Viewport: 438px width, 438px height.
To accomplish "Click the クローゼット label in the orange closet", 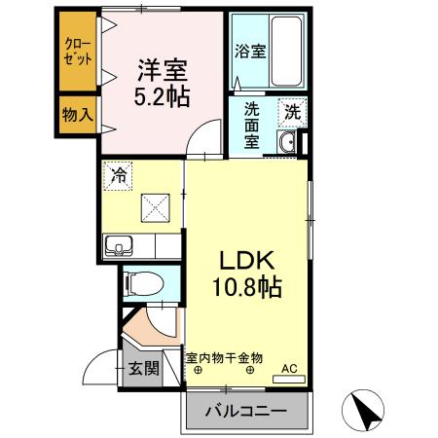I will pos(76,51).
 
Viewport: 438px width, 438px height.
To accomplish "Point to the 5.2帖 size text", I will pos(163,98).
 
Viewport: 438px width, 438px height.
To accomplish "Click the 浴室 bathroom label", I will pos(249,52).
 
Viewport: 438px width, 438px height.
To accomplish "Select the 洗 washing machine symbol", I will pos(291,112).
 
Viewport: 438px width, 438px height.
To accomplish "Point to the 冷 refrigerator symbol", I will pos(118,177).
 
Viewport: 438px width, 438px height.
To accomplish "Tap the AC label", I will pos(289,368).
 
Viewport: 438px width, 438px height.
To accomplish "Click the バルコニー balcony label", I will pos(245,412).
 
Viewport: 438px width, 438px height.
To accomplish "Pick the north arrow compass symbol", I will pos(364,409).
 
